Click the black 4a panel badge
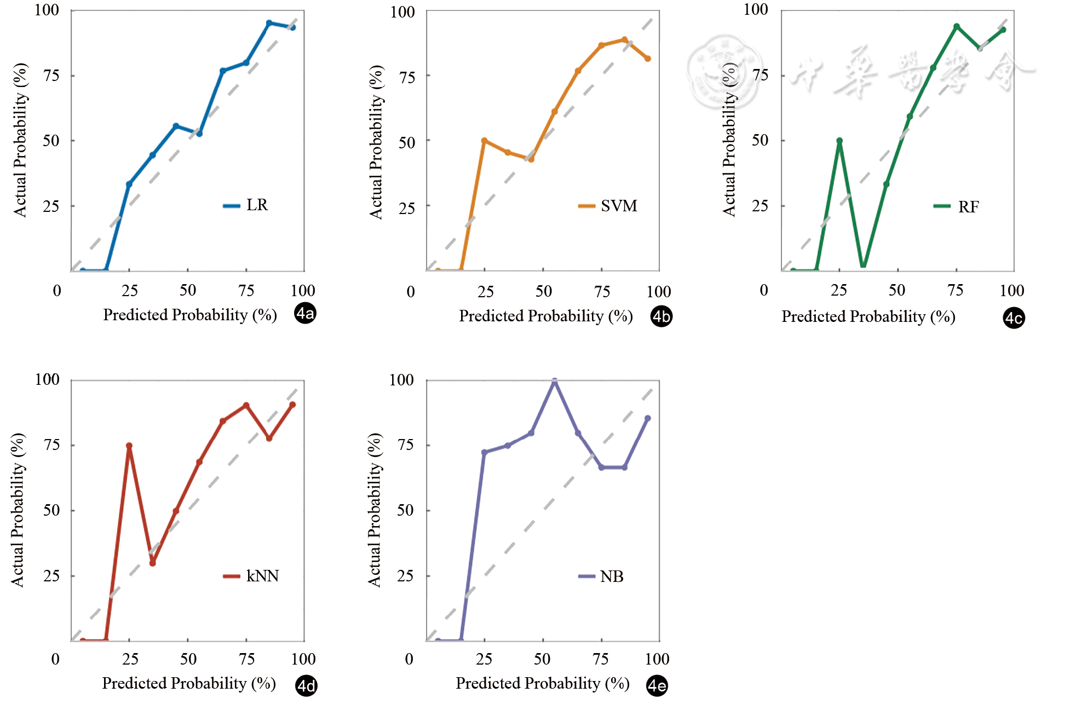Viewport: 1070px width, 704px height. pos(305,314)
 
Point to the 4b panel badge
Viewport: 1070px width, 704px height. pos(661,316)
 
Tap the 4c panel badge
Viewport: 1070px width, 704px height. pos(1014,318)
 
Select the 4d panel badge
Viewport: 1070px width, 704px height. pos(306,686)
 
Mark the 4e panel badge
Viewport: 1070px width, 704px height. pos(657,685)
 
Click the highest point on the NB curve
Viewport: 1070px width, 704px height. pos(554,381)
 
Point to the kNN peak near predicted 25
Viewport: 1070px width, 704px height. pos(129,446)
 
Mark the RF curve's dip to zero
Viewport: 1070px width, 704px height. pos(863,266)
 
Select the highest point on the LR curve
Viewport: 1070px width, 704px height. pos(269,23)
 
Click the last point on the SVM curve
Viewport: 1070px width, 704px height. pos(648,59)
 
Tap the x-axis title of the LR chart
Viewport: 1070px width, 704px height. pos(189,315)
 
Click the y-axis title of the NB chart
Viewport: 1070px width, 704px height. pos(374,510)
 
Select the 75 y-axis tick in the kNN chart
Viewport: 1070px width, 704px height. pos(51,445)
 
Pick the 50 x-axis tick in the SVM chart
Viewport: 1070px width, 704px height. pos(543,291)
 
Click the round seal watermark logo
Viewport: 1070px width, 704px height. pos(724,71)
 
